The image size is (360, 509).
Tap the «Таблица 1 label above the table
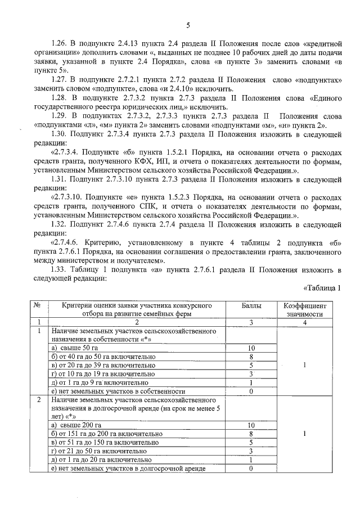tap(322, 289)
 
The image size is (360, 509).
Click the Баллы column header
tap(251, 305)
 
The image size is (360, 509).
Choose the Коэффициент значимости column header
tap(304, 309)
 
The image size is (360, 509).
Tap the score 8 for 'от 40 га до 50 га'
tap(251, 357)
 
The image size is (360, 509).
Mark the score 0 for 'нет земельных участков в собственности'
tap(251, 391)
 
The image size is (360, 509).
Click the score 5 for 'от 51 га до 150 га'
tap(251, 442)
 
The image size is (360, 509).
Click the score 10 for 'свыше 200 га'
tap(251, 425)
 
